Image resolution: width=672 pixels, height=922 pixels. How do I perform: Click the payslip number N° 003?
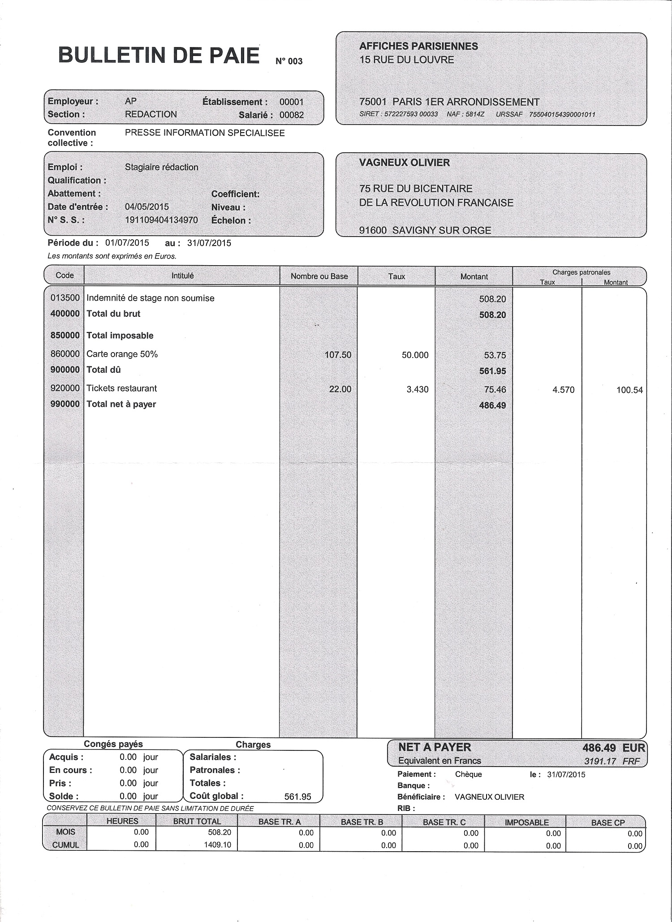coord(289,61)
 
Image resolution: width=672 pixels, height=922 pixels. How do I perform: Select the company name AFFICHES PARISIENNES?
coord(418,46)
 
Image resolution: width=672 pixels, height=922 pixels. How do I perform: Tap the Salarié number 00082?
coord(292,115)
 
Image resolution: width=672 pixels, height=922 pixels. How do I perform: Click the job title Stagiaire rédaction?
coord(161,167)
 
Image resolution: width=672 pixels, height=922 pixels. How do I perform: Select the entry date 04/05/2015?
coord(146,207)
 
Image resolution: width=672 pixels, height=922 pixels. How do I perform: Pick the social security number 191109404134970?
coord(161,220)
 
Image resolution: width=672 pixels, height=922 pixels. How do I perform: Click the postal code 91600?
coord(373,230)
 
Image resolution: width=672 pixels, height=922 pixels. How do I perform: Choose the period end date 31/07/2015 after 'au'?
coord(209,243)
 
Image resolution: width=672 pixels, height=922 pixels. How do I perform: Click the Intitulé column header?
coord(182,276)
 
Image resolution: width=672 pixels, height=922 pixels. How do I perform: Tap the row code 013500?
coord(65,298)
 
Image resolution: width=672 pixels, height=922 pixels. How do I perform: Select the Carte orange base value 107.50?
coord(338,355)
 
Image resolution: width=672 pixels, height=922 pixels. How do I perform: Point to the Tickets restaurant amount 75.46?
coord(495,389)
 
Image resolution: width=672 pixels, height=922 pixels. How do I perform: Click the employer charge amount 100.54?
coord(629,390)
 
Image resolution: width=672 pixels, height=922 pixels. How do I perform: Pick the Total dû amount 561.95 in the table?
coord(492,371)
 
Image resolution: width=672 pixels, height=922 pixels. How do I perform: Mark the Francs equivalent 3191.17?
coord(600,761)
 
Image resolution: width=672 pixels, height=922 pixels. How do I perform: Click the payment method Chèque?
coord(468,774)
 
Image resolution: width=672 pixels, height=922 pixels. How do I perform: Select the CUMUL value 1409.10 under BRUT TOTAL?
coord(217,844)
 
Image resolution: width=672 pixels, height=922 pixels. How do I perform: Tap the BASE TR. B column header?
coord(362,822)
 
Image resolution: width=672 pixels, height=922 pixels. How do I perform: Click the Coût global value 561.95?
coord(297,797)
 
